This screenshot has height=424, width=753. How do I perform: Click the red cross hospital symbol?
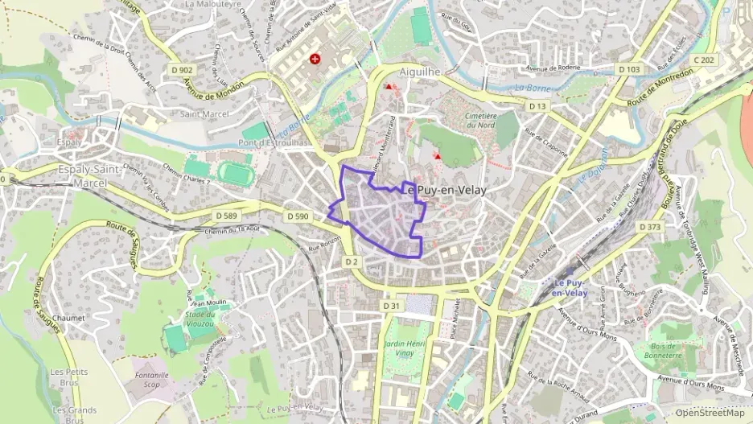[314, 60]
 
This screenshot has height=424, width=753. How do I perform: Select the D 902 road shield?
[183, 70]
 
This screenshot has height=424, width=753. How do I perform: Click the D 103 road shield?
[629, 70]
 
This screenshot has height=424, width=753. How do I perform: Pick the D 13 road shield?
[537, 106]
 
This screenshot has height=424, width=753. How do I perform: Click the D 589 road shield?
[228, 216]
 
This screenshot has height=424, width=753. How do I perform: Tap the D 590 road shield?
[298, 216]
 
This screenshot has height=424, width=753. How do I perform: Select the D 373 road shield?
[650, 228]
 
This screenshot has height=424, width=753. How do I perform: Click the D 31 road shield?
[392, 306]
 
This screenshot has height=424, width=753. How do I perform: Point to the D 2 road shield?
[352, 261]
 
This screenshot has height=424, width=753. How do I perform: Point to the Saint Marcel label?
[204, 114]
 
